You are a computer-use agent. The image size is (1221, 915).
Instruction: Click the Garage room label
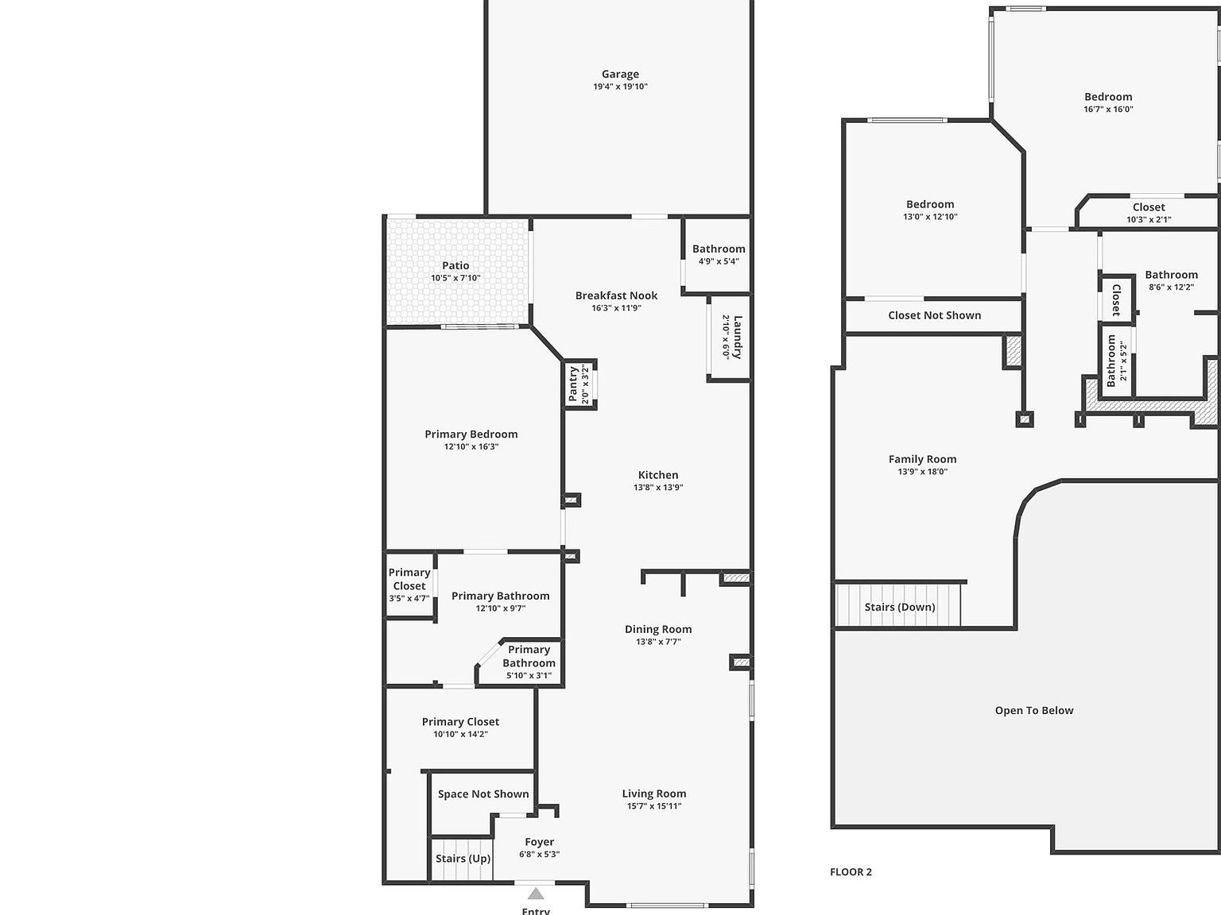click(620, 74)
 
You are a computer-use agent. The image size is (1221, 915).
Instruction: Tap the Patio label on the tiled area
click(455, 265)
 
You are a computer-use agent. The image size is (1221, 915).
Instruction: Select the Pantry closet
click(579, 384)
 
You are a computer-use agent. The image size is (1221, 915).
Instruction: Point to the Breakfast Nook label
click(616, 295)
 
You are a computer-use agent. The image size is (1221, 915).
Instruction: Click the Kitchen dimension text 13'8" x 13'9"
click(658, 488)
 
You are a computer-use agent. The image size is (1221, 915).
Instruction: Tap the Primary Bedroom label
click(471, 434)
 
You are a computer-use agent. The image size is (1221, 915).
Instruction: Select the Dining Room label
click(658, 629)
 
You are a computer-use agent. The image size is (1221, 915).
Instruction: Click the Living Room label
click(653, 793)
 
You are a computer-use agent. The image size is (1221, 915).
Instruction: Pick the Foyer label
click(539, 842)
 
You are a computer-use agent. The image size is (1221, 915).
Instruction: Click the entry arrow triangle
click(537, 894)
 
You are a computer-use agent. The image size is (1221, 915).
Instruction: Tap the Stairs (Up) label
click(463, 859)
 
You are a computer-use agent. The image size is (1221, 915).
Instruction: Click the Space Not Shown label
click(483, 794)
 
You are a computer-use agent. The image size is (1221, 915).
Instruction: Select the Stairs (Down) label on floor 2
click(900, 607)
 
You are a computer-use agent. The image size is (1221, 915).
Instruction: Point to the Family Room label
click(922, 459)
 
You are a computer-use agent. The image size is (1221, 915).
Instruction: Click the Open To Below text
click(1034, 710)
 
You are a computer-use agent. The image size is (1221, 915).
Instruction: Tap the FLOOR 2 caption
click(851, 872)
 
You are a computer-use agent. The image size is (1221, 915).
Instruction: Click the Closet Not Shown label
click(934, 315)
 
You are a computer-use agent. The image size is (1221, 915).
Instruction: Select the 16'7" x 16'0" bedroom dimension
click(1108, 110)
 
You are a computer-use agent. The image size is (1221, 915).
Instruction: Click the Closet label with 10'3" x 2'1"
click(1149, 207)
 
